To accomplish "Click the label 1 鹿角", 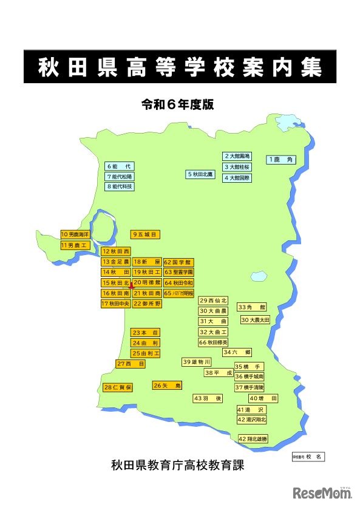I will (280, 160).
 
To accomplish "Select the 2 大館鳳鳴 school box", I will (237, 157).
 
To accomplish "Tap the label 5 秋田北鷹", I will (200, 174).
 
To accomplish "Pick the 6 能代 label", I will (120, 166).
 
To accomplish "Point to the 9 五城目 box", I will (146, 234).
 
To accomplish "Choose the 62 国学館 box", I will (178, 262).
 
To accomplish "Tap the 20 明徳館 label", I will (147, 282).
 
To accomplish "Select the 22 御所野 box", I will (147, 303).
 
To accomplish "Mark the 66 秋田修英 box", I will (213, 342).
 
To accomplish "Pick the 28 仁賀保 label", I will (118, 387).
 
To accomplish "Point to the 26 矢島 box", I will (168, 385).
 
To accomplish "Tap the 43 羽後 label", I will (208, 398).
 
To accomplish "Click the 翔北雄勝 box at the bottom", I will (253, 438).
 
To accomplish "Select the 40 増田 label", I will (263, 398).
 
